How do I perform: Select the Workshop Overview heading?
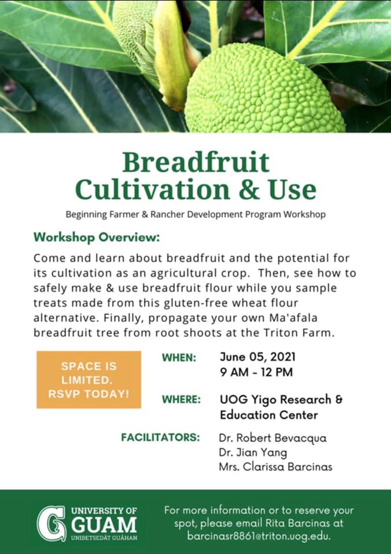click(97, 237)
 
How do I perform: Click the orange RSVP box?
click(89, 380)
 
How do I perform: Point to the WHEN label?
click(179, 358)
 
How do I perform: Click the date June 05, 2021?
click(258, 357)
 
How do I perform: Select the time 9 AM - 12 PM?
click(256, 372)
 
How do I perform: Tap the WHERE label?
click(181, 399)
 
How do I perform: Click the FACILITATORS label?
click(161, 437)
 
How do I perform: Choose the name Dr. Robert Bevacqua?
click(273, 438)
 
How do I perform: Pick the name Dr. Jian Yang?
click(253, 453)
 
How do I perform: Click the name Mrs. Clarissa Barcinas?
click(276, 467)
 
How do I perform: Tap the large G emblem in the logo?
click(51, 523)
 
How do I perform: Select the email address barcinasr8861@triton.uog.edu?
click(259, 536)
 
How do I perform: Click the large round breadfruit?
click(265, 92)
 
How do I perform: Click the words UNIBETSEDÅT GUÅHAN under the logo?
click(104, 538)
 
